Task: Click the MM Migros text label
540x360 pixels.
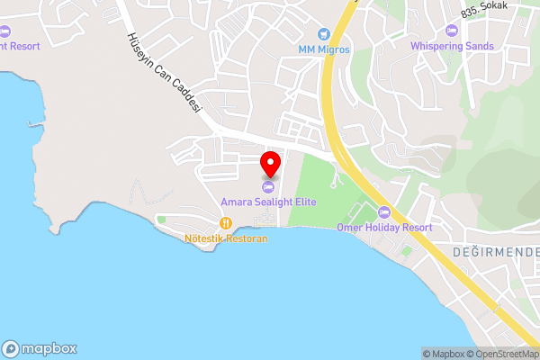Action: pyautogui.click(x=325, y=49)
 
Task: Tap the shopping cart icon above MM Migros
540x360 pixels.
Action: pyautogui.click(x=325, y=34)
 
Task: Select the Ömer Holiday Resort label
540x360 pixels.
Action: pyautogui.click(x=384, y=228)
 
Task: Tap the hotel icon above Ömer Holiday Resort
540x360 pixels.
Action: pyautogui.click(x=384, y=212)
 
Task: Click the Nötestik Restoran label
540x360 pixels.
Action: pyautogui.click(x=226, y=239)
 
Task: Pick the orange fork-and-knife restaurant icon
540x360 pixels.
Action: pyautogui.click(x=226, y=224)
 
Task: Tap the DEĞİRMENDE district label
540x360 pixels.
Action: pyautogui.click(x=494, y=251)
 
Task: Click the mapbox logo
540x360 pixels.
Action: pyautogui.click(x=40, y=348)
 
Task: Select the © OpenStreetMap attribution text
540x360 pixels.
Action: pyautogui.click(x=502, y=354)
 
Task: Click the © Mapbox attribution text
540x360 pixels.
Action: pyautogui.click(x=443, y=354)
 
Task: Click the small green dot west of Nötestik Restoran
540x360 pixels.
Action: pyautogui.click(x=161, y=219)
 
